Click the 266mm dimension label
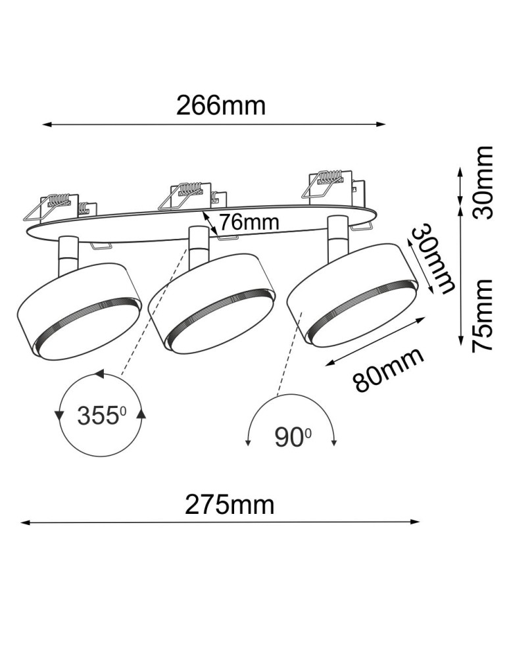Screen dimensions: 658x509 pyautogui.click(x=220, y=105)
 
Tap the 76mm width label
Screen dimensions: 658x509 pyautogui.click(x=249, y=222)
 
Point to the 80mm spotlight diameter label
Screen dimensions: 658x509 pyautogui.click(x=388, y=370)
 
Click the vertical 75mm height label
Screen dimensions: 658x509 pyautogui.click(x=483, y=315)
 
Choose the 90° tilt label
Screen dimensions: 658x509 pyautogui.click(x=292, y=437)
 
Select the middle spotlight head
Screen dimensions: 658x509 pyautogui.click(x=211, y=302)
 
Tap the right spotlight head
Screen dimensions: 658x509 pyautogui.click(x=351, y=294)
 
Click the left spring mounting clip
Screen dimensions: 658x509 pyautogui.click(x=56, y=205)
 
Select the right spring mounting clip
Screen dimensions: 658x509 pyautogui.click(x=327, y=184)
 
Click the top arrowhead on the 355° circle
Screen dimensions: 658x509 pyautogui.click(x=99, y=374)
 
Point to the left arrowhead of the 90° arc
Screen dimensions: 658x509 pyautogui.click(x=249, y=443)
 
